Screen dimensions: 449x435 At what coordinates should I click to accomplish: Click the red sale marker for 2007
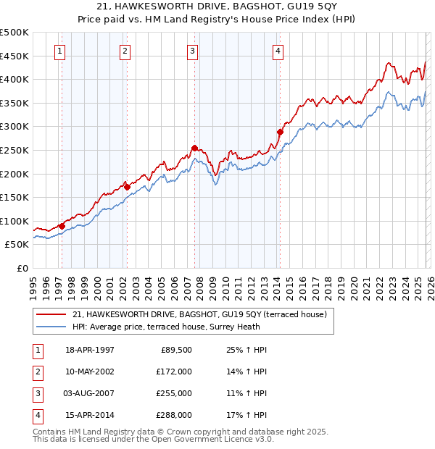[194, 148]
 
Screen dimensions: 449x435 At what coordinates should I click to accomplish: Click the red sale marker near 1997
[62, 226]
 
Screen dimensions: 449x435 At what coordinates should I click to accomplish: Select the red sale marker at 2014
[280, 132]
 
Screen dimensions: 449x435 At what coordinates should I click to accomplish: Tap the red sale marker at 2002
[127, 187]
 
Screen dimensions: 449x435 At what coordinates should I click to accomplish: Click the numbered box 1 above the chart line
[59, 51]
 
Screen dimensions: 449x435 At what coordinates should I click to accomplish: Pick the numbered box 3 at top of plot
[192, 51]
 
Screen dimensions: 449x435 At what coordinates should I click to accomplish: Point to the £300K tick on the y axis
[14, 127]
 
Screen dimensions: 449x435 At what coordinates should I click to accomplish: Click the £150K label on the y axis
[14, 197]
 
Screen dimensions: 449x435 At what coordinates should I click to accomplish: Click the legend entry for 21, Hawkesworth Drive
[200, 314]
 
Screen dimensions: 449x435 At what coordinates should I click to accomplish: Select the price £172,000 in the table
[174, 372]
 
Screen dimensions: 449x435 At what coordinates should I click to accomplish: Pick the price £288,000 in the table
[174, 415]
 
